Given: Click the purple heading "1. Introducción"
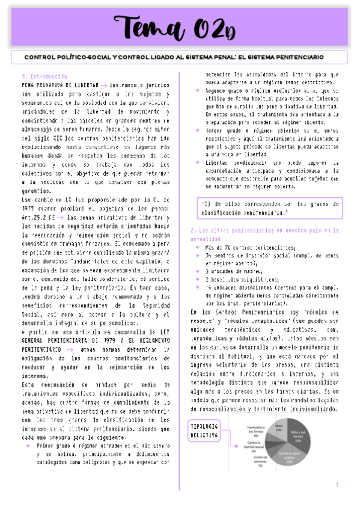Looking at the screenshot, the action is point(43,77).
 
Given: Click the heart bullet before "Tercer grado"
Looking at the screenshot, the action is point(198,129).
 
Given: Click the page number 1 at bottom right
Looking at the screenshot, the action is point(337,485).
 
